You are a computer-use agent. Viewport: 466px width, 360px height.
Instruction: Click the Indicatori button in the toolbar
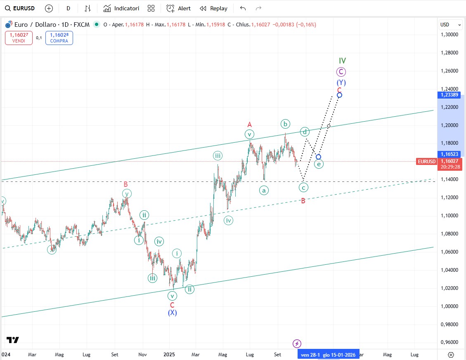[x=121, y=8]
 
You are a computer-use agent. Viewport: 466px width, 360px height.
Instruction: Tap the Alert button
[x=179, y=8]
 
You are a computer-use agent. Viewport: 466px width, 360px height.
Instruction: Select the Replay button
[x=213, y=8]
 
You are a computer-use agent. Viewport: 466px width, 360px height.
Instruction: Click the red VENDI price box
[x=19, y=38]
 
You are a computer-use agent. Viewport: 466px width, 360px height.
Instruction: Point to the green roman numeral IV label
[x=342, y=61]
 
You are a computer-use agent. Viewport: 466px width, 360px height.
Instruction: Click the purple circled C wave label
[x=341, y=72]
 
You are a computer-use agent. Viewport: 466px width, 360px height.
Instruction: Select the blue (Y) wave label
[x=341, y=82]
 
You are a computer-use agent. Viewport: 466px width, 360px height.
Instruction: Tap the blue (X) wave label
[x=172, y=313]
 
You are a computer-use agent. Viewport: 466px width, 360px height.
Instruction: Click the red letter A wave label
[x=249, y=124]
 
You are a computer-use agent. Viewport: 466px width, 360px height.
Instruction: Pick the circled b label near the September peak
[x=285, y=124]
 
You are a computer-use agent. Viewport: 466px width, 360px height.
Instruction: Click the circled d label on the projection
[x=305, y=132]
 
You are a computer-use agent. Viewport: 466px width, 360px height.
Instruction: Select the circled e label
[x=319, y=164]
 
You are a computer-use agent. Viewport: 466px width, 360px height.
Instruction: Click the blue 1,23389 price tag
[x=449, y=95]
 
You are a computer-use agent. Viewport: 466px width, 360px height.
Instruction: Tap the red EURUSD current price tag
[x=426, y=162]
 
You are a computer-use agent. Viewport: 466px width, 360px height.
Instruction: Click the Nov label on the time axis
[x=142, y=354]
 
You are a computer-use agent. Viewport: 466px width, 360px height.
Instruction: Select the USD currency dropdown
[x=449, y=25]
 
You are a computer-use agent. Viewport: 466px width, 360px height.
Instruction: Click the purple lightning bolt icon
[x=297, y=344]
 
